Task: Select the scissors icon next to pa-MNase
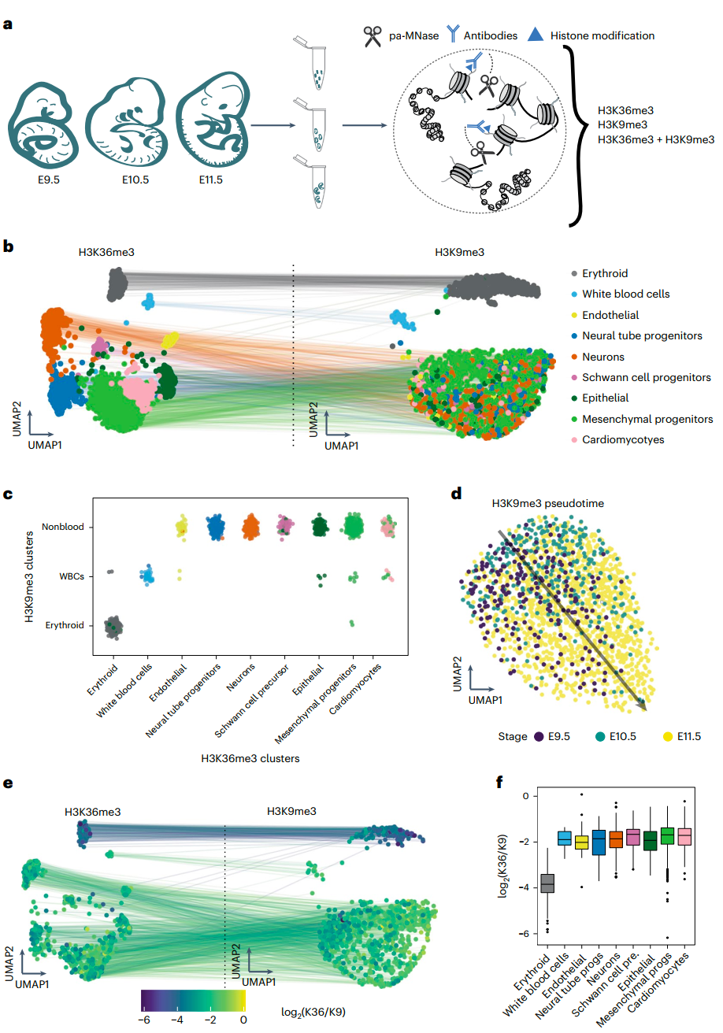(x=372, y=36)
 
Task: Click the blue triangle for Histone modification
(x=536, y=35)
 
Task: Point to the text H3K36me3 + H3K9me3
(x=655, y=139)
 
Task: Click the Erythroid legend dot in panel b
(x=573, y=273)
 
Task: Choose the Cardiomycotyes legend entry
(x=623, y=439)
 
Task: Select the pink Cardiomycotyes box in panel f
(x=686, y=836)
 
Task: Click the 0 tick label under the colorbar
(x=243, y=1019)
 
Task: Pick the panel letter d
(x=456, y=495)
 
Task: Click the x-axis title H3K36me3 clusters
(x=251, y=758)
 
